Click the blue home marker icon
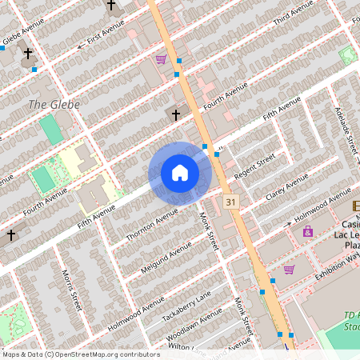180,173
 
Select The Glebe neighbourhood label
50,105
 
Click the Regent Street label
255,166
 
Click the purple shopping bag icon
307,231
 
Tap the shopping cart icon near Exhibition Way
290,269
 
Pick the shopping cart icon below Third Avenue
161,58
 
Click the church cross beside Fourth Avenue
176,115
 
